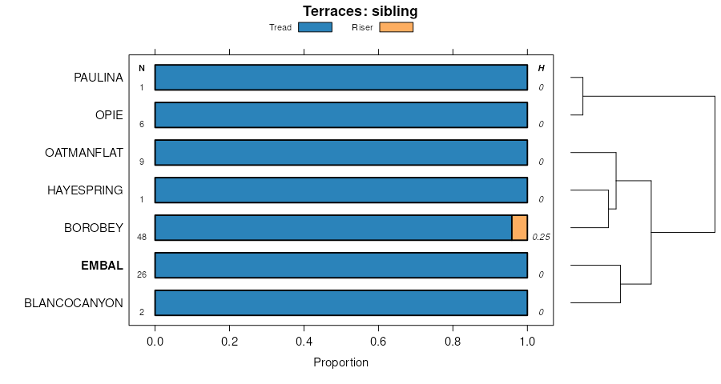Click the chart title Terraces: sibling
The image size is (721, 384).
click(360, 11)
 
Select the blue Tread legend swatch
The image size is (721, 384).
click(315, 27)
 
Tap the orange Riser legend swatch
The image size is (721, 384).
click(396, 27)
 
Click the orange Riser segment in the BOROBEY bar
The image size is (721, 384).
click(519, 228)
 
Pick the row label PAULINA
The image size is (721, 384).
click(99, 78)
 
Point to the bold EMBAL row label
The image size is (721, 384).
click(103, 266)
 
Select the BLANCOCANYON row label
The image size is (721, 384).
click(74, 303)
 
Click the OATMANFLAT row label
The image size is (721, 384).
click(84, 153)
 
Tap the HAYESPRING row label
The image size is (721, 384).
click(85, 190)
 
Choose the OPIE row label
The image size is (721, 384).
click(109, 115)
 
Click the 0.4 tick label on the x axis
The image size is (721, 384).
click(304, 340)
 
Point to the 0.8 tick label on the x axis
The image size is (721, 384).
click(453, 340)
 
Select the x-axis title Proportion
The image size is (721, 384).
click(340, 362)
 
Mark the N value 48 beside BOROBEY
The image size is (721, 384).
click(142, 237)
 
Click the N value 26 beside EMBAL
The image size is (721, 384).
click(142, 274)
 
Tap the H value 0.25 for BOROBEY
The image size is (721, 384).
click(541, 237)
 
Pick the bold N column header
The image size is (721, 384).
click(142, 68)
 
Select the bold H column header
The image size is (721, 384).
click(541, 68)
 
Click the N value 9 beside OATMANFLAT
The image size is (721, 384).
click(142, 162)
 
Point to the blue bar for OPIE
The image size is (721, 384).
click(340, 115)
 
